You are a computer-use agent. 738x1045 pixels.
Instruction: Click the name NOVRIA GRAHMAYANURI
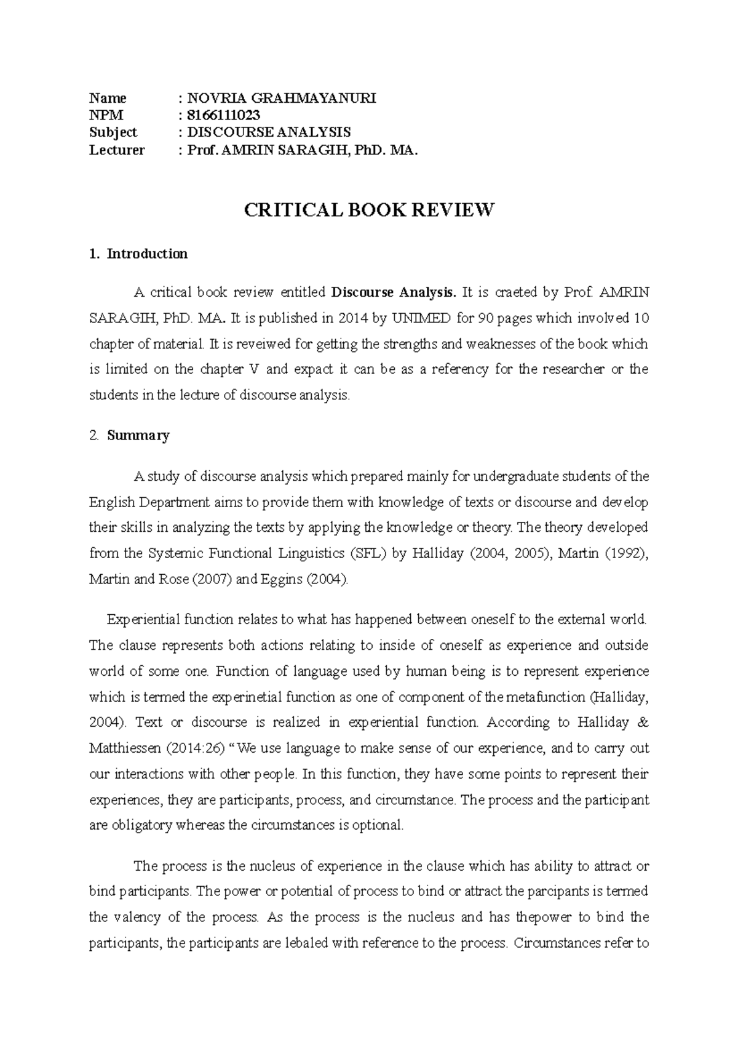point(282,98)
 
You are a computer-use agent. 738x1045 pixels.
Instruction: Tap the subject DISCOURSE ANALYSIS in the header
point(269,132)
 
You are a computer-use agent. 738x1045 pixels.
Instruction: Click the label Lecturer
point(117,150)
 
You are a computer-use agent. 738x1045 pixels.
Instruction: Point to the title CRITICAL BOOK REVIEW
point(369,210)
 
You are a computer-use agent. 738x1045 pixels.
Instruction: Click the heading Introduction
point(147,254)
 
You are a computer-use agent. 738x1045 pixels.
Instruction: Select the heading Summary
point(138,435)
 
